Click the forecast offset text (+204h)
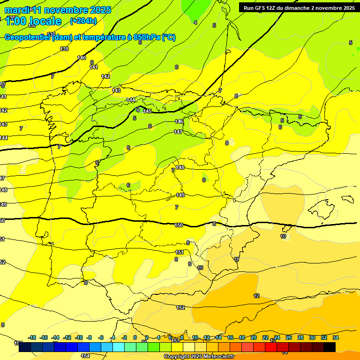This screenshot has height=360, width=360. tap(83, 21)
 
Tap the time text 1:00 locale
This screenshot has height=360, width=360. tap(33, 21)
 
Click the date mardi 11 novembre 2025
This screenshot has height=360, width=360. tap(58, 10)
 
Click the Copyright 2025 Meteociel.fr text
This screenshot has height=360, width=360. tap(199, 357)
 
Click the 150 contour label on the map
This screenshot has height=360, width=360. tap(179, 225)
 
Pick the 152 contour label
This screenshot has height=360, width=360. tap(180, 307)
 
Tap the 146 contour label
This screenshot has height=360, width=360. tap(179, 121)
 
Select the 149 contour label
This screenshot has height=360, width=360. tap(180, 195)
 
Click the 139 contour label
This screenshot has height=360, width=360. tap(64, 49)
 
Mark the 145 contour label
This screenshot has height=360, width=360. tap(147, 111)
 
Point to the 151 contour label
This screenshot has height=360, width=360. tap(180, 252)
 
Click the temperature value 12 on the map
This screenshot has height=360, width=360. tap(256, 296)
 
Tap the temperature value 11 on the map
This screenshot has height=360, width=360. tap(236, 259)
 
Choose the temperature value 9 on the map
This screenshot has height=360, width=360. tap(189, 264)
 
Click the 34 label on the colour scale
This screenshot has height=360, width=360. tap(336, 337)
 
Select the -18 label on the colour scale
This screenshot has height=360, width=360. tap(32, 337)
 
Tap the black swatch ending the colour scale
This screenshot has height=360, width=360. tap(330, 347)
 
